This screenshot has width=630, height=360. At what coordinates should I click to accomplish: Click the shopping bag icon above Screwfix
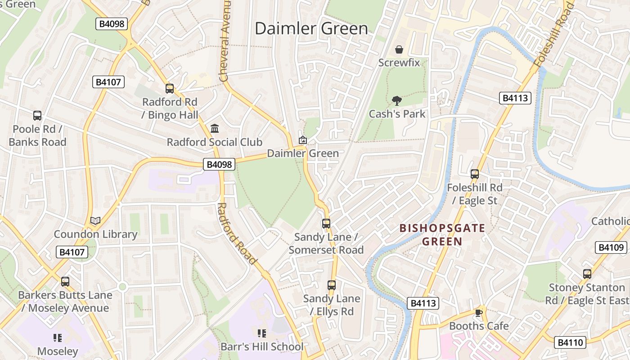coord(399,49)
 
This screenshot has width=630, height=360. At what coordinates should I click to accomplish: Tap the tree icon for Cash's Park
coord(396,100)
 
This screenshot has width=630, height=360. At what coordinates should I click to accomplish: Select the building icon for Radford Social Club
coord(215,129)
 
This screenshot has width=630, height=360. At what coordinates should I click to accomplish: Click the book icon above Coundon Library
coord(95,220)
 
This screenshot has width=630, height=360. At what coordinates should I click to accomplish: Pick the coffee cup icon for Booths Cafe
coord(479,312)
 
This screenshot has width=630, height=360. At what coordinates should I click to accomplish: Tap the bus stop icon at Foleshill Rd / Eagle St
coord(474,174)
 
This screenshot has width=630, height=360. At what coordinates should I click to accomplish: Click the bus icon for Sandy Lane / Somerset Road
coord(326,223)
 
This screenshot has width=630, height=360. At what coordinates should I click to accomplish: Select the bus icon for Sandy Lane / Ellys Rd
coord(332,285)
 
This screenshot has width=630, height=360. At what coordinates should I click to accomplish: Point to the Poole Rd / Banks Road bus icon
coord(37,116)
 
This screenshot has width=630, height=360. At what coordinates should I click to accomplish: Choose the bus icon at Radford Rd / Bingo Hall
coord(170,89)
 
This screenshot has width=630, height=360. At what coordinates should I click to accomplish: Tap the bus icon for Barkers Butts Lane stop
coord(65,282)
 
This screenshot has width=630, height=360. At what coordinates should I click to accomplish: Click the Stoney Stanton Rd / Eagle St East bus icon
coord(587,274)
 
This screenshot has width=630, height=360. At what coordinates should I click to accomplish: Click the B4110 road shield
coord(570,342)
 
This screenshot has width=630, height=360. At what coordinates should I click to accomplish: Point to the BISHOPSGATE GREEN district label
coord(442,234)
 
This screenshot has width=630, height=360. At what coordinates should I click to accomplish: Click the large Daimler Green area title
coord(311,28)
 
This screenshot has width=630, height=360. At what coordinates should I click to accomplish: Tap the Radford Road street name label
coord(236,234)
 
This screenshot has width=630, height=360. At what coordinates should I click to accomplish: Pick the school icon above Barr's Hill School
coord(261,333)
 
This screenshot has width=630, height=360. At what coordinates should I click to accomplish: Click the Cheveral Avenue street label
coord(225,40)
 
